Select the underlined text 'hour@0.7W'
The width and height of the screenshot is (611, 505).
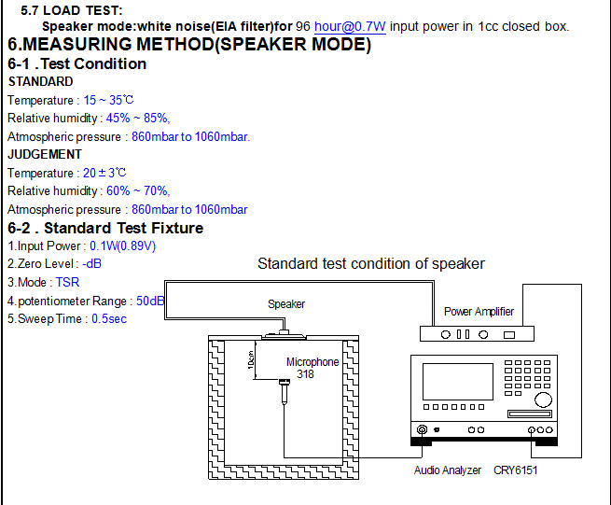point(350,26)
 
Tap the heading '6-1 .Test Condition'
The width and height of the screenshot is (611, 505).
point(76,63)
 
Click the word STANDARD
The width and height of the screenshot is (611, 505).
point(40,82)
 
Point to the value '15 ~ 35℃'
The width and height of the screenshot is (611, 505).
point(109,100)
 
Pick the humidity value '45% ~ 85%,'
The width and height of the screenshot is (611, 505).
point(138,119)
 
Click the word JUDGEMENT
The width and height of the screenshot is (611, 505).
point(45,154)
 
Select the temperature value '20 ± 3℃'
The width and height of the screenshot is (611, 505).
point(104,173)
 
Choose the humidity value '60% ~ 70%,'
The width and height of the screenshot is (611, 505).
point(138,191)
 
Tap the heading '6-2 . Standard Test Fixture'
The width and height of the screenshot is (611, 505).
point(105,228)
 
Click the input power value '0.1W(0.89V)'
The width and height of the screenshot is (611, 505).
point(122,246)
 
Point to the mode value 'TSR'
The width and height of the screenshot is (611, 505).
point(68,282)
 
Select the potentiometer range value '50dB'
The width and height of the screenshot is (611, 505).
point(150,301)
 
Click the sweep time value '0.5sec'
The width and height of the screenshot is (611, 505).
point(108,318)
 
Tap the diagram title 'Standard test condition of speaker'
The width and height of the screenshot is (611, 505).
point(370,264)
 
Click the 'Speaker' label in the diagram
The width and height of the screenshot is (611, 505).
point(286,304)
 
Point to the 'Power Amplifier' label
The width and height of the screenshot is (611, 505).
point(479,311)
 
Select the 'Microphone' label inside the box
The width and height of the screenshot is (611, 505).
point(312,362)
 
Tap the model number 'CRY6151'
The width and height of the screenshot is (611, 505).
point(515,470)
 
